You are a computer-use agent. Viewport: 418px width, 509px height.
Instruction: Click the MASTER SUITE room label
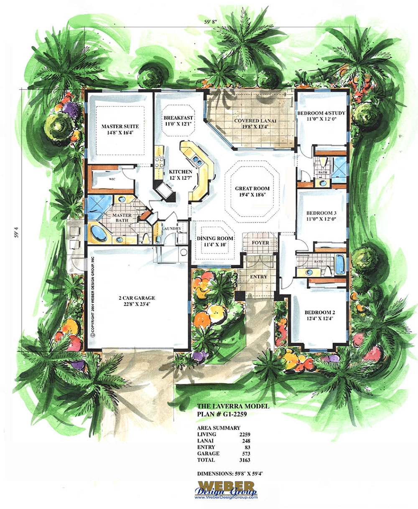(120, 127)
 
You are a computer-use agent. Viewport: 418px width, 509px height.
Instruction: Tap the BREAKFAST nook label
(178, 118)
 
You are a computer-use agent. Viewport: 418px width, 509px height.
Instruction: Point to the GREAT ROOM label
(252, 189)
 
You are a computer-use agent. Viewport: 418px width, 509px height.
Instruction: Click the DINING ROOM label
(215, 238)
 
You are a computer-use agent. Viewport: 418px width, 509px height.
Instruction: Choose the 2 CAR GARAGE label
(136, 298)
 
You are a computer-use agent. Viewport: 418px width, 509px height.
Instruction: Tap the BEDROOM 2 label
(319, 312)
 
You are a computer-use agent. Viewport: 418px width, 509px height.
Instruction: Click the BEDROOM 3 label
(321, 213)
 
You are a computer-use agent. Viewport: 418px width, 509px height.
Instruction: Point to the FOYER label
(260, 243)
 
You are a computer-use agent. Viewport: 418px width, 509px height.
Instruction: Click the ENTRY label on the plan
(258, 277)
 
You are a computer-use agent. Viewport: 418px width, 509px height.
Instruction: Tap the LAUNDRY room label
(172, 228)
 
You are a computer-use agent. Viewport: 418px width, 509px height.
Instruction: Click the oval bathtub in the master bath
(98, 233)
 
